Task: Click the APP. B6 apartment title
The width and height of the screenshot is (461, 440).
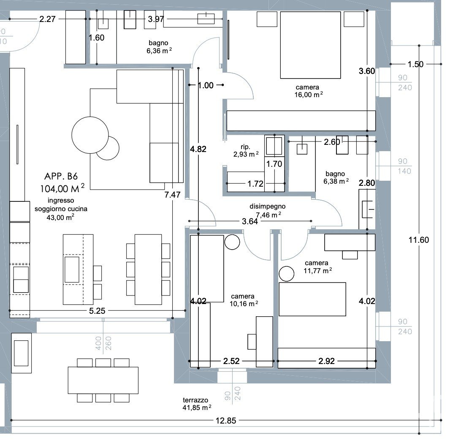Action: point(61,176)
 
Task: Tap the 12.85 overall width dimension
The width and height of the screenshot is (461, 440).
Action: point(226,421)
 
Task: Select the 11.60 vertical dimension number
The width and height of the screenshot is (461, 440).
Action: point(419,240)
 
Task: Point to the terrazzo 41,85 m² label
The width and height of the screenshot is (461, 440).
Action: point(197,404)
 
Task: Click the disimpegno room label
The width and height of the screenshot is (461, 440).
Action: point(268,206)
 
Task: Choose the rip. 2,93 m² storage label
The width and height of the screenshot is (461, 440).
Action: point(246,151)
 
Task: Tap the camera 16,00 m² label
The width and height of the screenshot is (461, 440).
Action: point(309,91)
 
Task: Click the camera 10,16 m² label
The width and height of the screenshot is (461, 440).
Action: point(244,300)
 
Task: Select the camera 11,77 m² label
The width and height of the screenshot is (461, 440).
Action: point(317,267)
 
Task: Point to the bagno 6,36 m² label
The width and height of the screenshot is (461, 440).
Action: point(159,47)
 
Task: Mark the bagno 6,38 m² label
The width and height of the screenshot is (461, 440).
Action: point(336,178)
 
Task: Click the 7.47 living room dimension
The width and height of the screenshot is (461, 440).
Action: point(172,195)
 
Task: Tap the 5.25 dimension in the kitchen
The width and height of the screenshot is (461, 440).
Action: point(97,311)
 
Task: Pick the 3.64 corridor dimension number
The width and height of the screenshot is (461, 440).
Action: point(250,221)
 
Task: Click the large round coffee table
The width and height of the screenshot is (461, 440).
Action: point(90,135)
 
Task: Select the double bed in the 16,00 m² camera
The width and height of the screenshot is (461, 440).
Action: point(310,45)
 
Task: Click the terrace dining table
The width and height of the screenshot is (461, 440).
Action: point(103,380)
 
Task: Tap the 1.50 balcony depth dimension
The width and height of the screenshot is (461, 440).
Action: point(415,64)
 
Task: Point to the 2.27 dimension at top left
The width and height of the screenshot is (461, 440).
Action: point(47,19)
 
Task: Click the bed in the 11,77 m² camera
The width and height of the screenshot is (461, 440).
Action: point(312,299)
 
